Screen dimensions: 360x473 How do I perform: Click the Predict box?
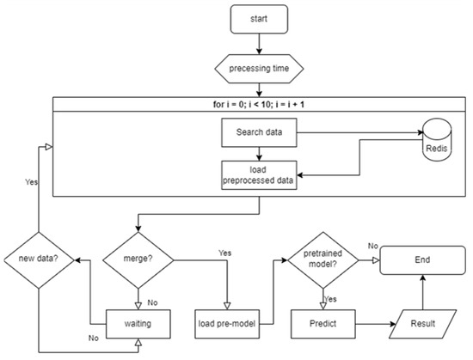tap(323, 325)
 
